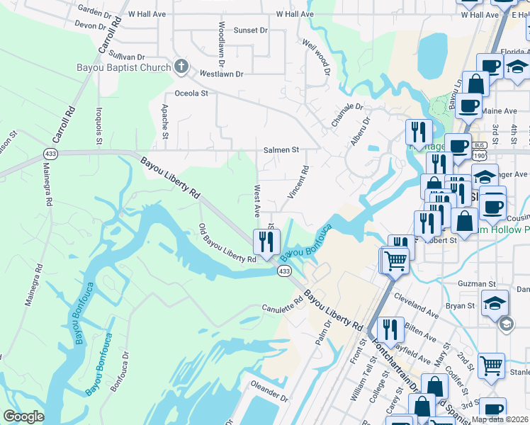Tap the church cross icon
pyautogui.click(x=181, y=67)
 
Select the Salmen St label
pyautogui.click(x=281, y=150)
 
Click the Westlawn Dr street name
pyautogui.click(x=221, y=74)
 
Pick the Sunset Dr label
pyautogui.click(x=252, y=30)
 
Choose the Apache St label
pyautogui.click(x=164, y=120)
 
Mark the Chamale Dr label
pyautogui.click(x=347, y=115)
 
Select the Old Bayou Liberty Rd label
pyautogui.click(x=227, y=244)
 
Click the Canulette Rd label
pyautogui.click(x=282, y=308)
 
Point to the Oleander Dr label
pyautogui.click(x=269, y=390)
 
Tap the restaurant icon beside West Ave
pyautogui.click(x=267, y=242)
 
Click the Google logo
pyautogui.click(x=23, y=416)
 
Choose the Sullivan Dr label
pyautogui.click(x=127, y=56)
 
